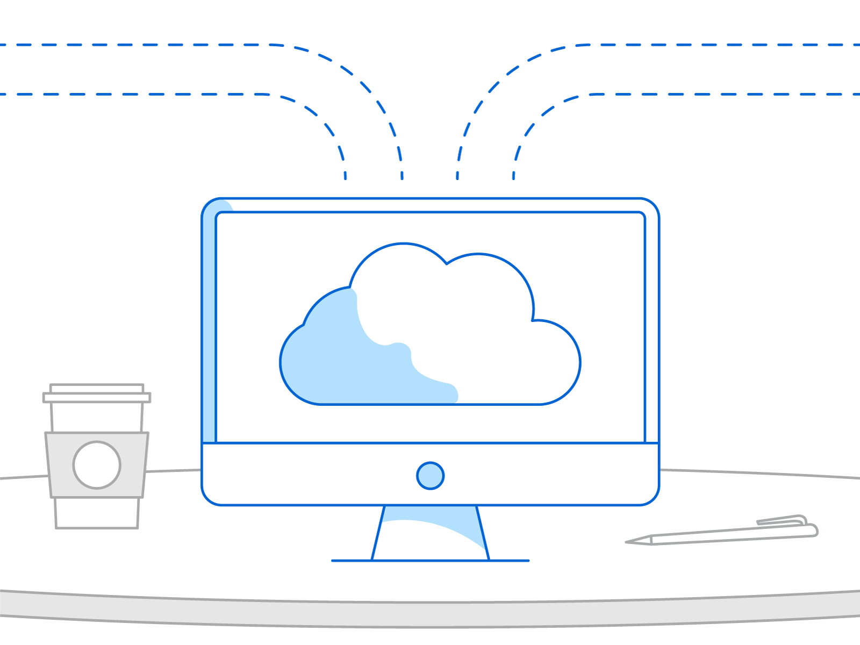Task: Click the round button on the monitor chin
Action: [x=430, y=476]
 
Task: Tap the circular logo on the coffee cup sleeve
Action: [x=97, y=465]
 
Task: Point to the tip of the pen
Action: [x=629, y=542]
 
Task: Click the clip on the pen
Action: [x=782, y=520]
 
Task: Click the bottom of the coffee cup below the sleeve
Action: [x=97, y=513]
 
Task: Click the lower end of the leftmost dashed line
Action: [x=345, y=175]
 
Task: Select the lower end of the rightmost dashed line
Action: [x=514, y=175]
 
